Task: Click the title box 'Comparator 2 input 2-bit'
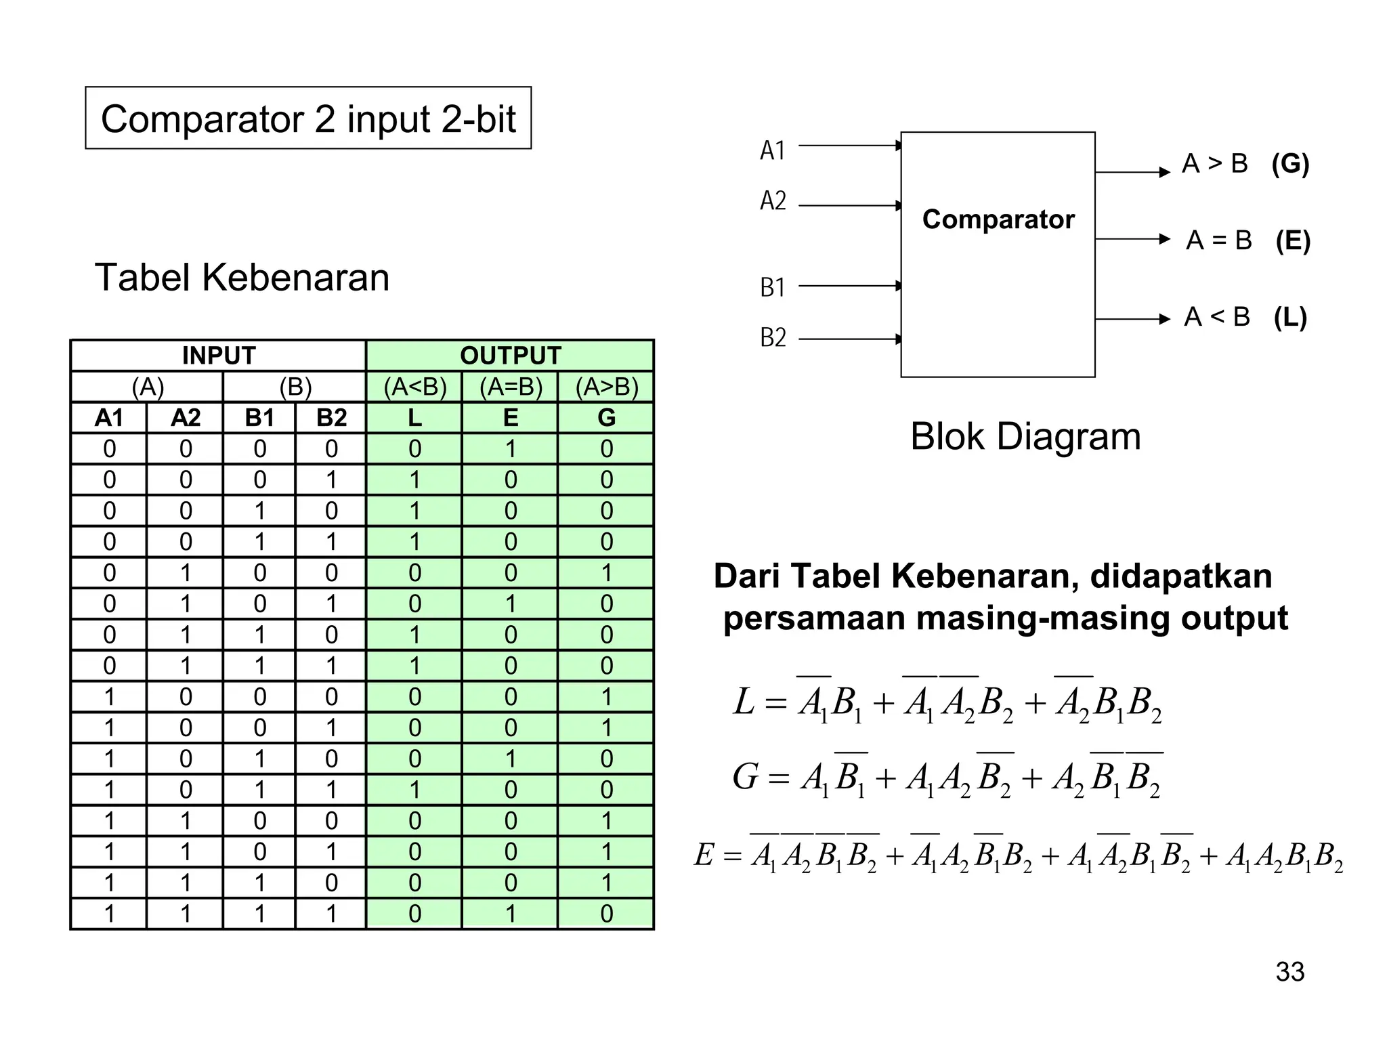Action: point(308,119)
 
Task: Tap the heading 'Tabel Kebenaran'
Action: point(242,278)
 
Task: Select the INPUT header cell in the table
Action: point(218,356)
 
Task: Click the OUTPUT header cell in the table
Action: point(511,356)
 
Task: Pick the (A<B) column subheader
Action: point(414,387)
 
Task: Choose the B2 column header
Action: point(331,418)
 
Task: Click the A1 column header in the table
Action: point(109,418)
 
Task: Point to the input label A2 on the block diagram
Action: point(773,201)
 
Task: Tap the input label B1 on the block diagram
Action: point(773,288)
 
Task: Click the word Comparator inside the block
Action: point(998,219)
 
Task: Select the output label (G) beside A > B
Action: point(1290,164)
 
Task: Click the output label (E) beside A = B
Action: point(1293,240)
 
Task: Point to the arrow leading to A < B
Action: point(1132,318)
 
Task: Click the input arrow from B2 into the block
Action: point(850,339)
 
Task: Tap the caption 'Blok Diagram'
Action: point(1025,437)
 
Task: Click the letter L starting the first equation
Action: point(744,702)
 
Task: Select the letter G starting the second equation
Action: point(745,776)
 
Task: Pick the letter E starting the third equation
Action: point(704,855)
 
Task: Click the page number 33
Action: point(1289,972)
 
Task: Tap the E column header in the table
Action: point(511,418)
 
